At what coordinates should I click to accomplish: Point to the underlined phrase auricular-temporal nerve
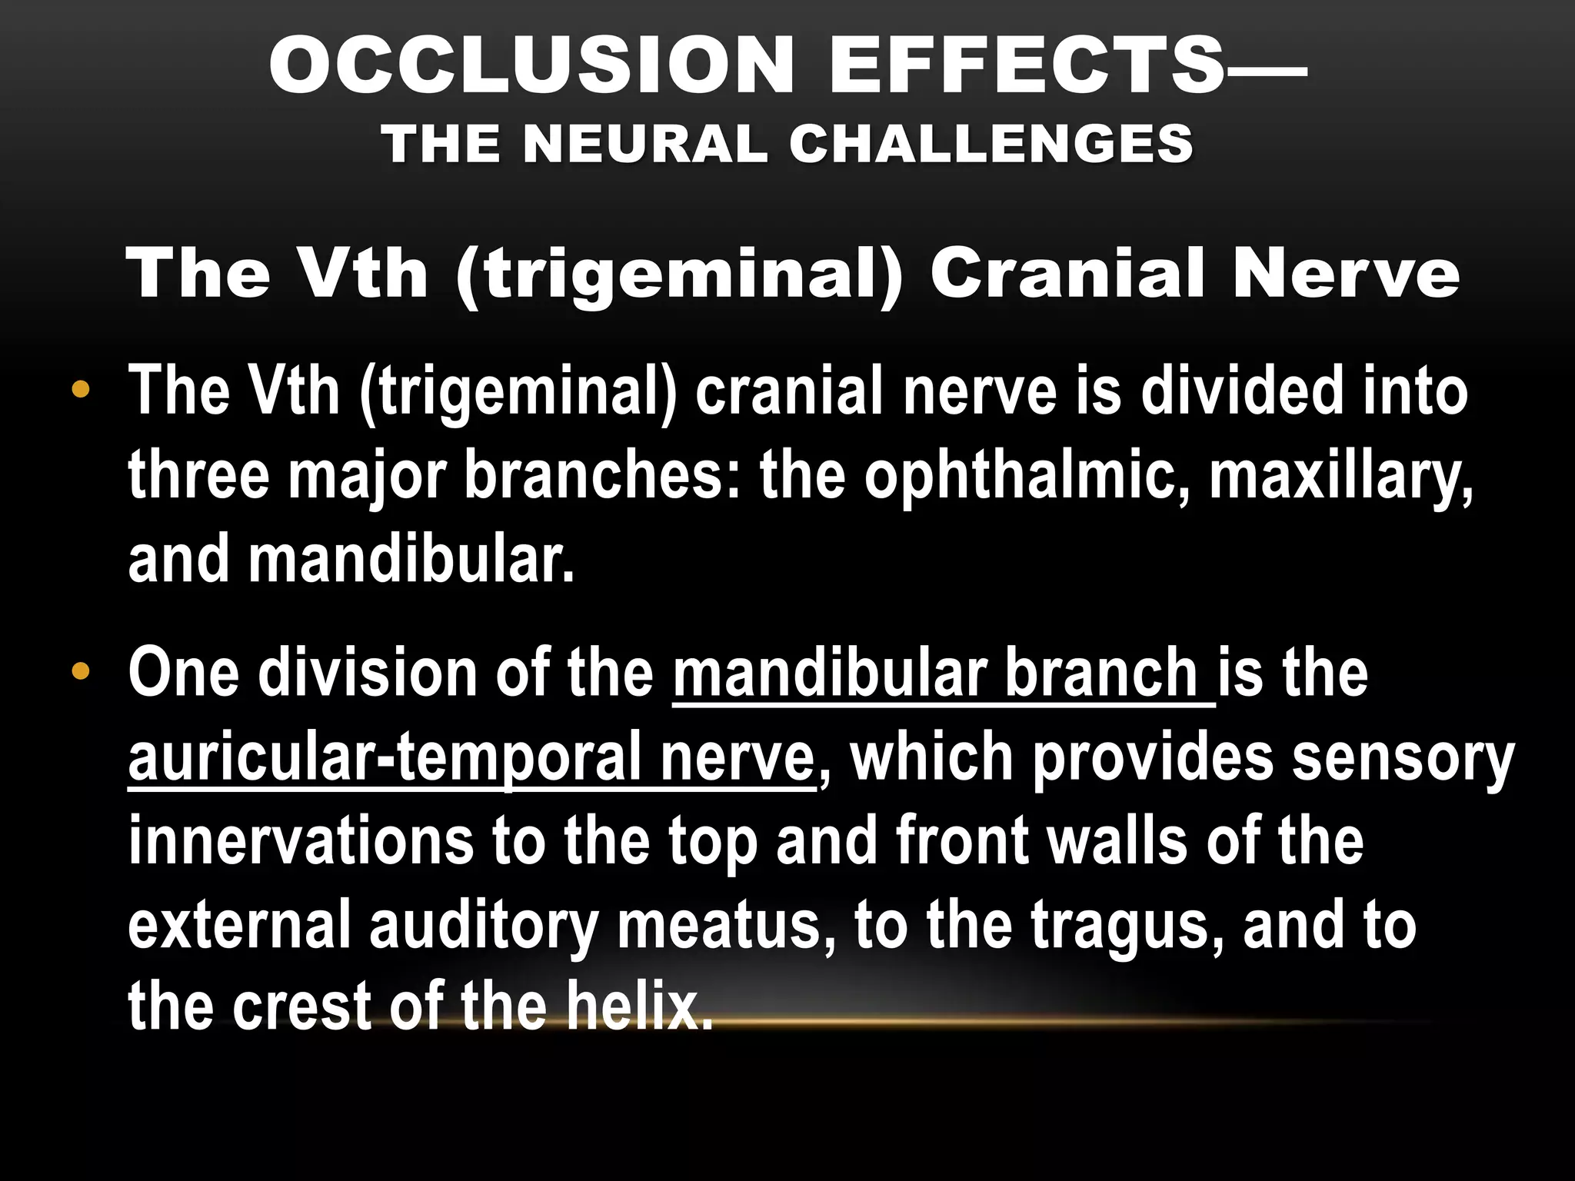coord(471,758)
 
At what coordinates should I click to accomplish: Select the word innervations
coord(301,841)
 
